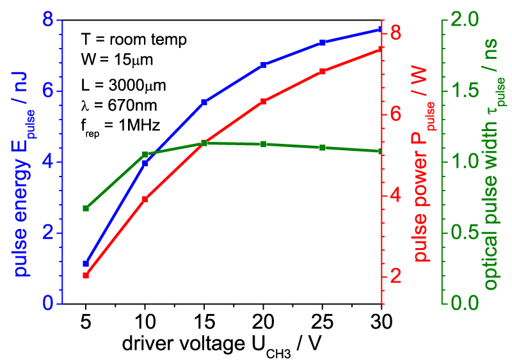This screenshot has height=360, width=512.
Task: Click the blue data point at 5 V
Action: click(x=86, y=263)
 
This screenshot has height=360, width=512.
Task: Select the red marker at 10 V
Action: click(x=145, y=200)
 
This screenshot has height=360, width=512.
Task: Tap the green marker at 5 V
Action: click(x=86, y=208)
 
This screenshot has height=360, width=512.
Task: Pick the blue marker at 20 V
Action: click(x=263, y=65)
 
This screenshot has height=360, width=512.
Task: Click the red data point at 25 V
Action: click(x=322, y=72)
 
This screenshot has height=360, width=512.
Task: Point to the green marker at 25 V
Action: click(x=322, y=148)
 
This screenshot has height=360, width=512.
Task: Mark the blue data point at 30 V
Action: click(x=381, y=29)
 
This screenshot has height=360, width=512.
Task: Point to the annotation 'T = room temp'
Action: click(x=134, y=40)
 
